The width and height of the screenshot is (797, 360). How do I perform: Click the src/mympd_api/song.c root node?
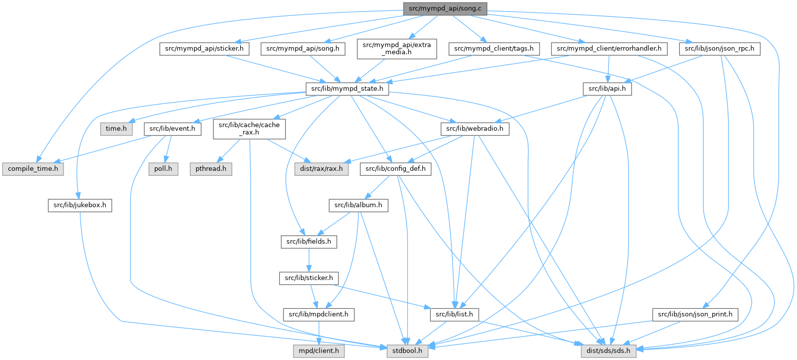[x=445, y=8]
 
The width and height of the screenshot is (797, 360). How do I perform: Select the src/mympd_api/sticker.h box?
[x=204, y=49]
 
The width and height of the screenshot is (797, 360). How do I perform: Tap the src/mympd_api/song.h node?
[x=303, y=49]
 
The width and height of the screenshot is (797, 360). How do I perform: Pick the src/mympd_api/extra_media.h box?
[x=397, y=49]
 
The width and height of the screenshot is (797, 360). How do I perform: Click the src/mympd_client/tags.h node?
[x=494, y=49]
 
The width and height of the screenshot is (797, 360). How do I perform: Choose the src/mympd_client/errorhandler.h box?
[x=609, y=49]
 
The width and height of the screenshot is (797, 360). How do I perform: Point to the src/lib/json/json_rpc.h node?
[x=719, y=49]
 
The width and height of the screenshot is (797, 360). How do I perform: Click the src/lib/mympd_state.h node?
[x=346, y=89]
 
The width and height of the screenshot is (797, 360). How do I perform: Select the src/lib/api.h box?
[x=607, y=89]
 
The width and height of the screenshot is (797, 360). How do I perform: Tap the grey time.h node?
[x=116, y=129]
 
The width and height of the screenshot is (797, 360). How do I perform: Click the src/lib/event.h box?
[x=173, y=129]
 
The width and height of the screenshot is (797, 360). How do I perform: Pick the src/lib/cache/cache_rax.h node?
[x=249, y=129]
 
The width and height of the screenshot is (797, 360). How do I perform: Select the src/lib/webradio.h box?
[x=474, y=129]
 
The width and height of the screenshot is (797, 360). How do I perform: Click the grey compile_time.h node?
[x=33, y=169]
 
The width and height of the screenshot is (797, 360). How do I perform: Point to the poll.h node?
[x=163, y=169]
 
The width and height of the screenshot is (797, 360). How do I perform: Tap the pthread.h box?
[x=210, y=169]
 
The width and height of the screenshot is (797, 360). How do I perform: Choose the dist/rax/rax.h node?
[x=322, y=169]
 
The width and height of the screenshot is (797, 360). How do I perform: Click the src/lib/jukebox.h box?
[x=80, y=205]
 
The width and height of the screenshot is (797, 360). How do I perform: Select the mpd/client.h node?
[x=319, y=351]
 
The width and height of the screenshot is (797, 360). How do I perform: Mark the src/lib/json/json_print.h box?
[x=695, y=314]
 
